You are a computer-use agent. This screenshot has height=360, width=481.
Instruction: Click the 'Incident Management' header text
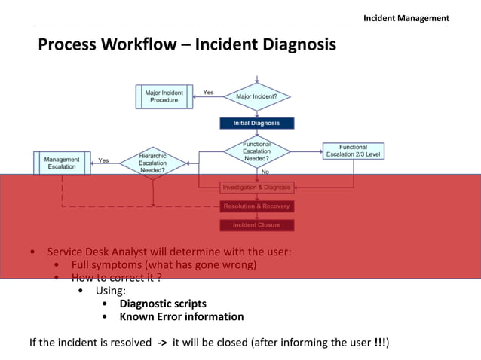[x=406, y=17]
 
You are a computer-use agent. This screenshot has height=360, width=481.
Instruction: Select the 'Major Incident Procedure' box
[x=164, y=96]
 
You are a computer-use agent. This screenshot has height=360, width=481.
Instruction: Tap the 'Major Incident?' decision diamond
[x=257, y=96]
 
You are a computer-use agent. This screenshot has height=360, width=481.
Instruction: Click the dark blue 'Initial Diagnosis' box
[x=257, y=123]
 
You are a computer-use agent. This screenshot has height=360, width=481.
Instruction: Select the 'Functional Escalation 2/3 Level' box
[x=353, y=151]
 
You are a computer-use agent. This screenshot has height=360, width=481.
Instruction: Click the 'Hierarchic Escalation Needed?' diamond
[x=153, y=163]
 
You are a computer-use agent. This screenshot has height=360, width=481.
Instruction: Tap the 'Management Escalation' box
[x=62, y=163]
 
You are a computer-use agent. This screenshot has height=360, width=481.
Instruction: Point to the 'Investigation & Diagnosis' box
[x=256, y=187]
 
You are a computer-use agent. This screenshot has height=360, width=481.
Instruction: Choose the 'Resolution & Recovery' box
[x=256, y=206]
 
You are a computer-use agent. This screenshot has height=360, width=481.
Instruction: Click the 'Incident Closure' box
[x=256, y=225]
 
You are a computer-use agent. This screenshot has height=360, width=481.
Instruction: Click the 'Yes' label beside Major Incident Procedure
[x=208, y=93]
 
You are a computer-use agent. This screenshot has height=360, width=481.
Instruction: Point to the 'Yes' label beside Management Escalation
[x=103, y=160]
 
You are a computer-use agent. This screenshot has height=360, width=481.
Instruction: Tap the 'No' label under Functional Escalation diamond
[x=265, y=172]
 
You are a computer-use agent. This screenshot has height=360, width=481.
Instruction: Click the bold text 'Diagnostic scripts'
[x=163, y=304]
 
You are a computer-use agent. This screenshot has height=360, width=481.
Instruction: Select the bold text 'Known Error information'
[x=181, y=316]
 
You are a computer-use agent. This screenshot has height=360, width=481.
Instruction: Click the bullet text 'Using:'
[x=110, y=291]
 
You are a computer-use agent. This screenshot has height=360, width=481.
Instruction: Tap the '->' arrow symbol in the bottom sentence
[x=162, y=343]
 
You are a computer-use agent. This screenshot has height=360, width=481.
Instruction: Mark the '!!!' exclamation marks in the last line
[x=381, y=343]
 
